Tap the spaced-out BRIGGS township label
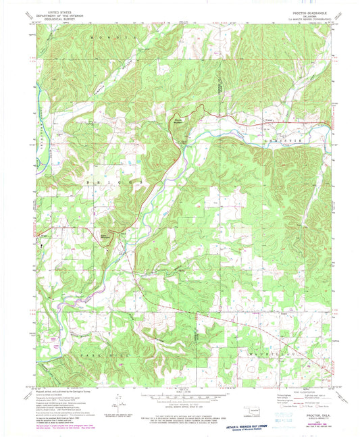(x=110, y=183)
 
